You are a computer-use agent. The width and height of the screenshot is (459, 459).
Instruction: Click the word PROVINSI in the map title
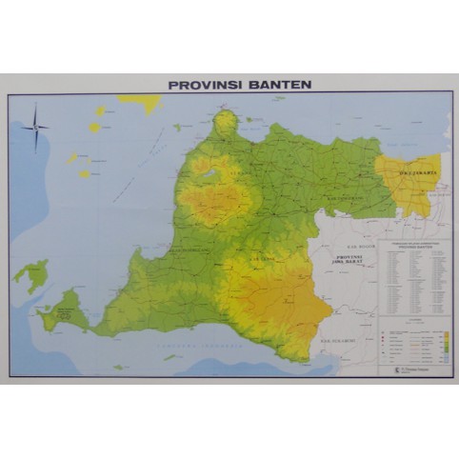click(x=202, y=84)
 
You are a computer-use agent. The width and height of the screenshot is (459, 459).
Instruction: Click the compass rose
click(x=37, y=127)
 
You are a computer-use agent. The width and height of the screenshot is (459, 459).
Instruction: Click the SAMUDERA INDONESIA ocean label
click(x=200, y=345)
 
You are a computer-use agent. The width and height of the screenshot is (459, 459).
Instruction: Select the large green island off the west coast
click(x=32, y=275)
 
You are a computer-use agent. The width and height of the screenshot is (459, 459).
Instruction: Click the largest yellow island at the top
click(x=141, y=102)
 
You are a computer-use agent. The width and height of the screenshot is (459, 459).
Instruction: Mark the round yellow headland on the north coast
click(x=225, y=121)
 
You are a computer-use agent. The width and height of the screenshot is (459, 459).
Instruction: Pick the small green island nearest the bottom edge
click(x=120, y=367)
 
